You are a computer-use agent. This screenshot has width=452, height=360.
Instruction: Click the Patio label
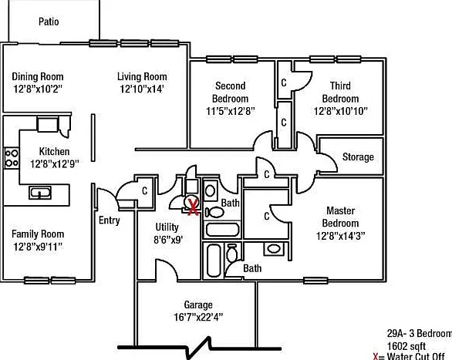tap(49, 22)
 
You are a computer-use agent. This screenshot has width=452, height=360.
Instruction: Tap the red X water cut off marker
tap(193, 207)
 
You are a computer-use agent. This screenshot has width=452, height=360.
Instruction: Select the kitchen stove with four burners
tap(12, 158)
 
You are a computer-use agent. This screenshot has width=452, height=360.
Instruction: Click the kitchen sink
tap(40, 193)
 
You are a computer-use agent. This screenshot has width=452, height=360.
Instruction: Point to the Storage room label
tap(358, 157)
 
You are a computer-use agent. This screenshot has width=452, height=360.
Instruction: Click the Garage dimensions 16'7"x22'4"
tap(198, 318)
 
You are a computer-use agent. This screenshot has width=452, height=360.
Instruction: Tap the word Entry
tap(110, 220)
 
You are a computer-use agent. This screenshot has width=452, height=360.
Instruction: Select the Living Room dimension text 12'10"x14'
tap(142, 89)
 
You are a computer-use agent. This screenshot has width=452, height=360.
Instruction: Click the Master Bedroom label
tap(340, 217)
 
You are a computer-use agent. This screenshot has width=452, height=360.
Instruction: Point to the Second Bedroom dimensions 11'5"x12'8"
tap(231, 111)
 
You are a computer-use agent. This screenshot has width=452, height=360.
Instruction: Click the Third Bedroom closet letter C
tap(284, 82)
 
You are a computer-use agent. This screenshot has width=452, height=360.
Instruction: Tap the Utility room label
tap(167, 227)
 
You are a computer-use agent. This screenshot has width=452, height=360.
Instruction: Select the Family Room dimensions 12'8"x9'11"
tap(38, 247)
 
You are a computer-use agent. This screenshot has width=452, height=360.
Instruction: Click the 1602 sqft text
tap(406, 346)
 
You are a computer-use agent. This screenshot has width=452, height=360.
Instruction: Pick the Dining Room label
tap(38, 76)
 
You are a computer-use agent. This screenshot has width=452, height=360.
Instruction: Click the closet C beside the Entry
tap(145, 190)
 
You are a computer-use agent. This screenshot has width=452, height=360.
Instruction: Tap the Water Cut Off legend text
tap(416, 356)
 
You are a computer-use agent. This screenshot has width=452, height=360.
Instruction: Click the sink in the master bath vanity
tap(274, 248)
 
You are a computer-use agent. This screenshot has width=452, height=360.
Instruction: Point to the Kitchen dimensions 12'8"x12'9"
tap(55, 164)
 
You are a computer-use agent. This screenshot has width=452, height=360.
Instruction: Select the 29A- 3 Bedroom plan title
tap(420, 334)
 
